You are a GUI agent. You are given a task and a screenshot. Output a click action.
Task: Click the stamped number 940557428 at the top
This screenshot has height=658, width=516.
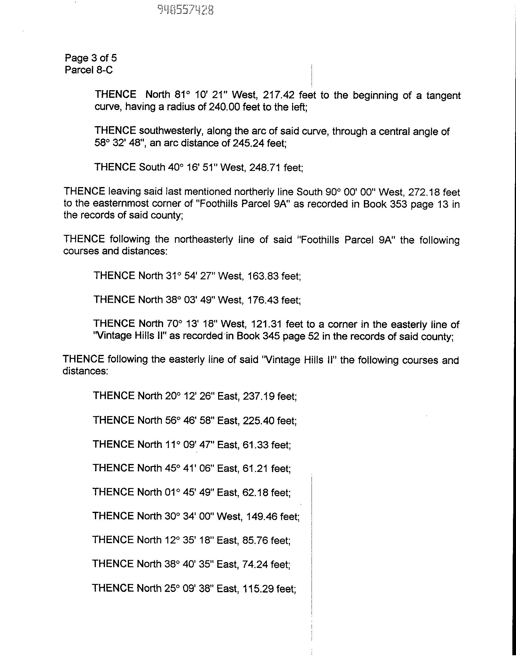(185, 10)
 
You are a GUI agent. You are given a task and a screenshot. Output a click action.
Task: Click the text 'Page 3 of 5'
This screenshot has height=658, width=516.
(91, 58)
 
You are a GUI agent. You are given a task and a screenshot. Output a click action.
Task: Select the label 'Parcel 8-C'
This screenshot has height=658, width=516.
(89, 70)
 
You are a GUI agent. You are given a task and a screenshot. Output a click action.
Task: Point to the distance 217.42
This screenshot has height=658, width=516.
(278, 95)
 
